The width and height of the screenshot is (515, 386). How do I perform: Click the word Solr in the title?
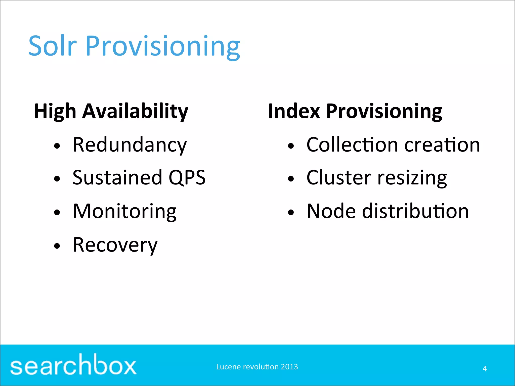coord(52,46)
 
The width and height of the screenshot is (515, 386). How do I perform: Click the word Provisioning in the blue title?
coord(163,47)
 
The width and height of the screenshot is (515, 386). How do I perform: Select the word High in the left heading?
coord(55,111)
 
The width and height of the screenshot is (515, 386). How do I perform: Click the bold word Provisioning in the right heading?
coord(384,111)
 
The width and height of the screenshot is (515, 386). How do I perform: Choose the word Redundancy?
coord(130,145)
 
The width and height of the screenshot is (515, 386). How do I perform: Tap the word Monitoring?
coord(125,212)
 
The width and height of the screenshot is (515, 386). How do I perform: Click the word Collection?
coord(352,145)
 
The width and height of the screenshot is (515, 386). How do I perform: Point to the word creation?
coord(442,145)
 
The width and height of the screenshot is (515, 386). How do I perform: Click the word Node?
coord(331,211)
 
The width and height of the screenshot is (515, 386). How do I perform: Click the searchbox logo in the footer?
coord(73,365)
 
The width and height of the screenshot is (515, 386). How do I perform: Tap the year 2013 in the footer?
coord(289,367)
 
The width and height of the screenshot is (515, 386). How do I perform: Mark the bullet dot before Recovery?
coord(57,246)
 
